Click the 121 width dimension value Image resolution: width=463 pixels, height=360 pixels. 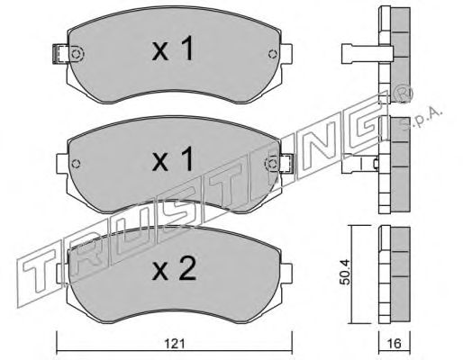[x=175, y=344]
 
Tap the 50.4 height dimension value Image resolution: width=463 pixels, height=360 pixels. [x=345, y=273]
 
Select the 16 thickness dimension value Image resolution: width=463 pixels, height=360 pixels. [x=395, y=344]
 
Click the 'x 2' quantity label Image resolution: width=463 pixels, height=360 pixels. [x=174, y=268]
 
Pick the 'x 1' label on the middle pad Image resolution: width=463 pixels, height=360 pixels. [x=173, y=159]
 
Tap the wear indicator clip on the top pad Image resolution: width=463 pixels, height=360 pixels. [x=60, y=54]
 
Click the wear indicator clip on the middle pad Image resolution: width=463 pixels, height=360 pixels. [x=285, y=163]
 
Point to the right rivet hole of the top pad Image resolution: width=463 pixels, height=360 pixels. [x=272, y=54]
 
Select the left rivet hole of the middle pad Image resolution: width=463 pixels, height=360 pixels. [x=77, y=164]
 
